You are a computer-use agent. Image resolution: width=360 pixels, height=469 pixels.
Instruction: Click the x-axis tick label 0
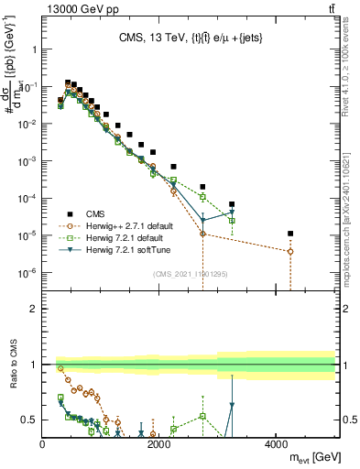43,444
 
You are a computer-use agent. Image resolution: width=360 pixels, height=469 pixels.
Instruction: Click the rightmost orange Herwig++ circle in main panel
290,251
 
